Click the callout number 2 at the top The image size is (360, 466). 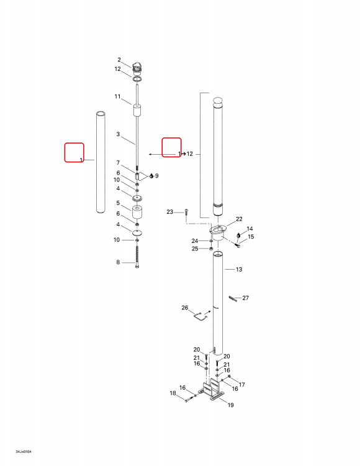tap(119, 60)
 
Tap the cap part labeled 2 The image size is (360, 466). tap(137, 68)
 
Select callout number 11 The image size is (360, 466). tap(117, 96)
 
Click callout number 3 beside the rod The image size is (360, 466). tap(118, 134)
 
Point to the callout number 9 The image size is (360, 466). tap(156, 176)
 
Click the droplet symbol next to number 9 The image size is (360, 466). tap(151, 176)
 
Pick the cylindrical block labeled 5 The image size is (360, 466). tap(137, 212)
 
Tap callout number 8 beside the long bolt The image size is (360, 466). tap(118, 262)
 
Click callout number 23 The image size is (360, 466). tap(170, 212)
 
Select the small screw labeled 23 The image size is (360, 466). tap(186, 212)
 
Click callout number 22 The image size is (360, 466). tap(239, 219)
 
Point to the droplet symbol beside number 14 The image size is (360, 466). tap(238, 235)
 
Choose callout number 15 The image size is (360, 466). tap(251, 237)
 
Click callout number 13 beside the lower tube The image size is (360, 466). tap(239, 269)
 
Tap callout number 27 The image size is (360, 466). tap(245, 298)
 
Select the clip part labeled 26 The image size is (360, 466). tap(201, 315)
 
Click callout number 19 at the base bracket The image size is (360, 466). tap(231, 404)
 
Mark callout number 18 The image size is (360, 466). tap(173, 393)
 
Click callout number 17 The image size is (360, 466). tap(242, 385)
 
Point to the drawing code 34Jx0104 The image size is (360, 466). tap(24, 452)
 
